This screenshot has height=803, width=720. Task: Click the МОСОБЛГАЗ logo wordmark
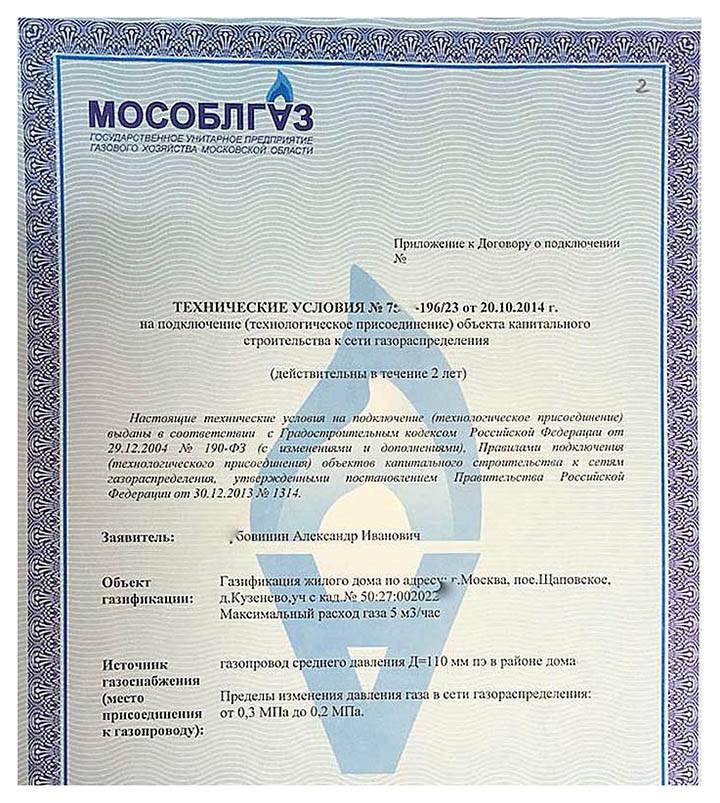coord(200,112)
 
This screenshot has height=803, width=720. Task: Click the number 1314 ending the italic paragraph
coord(303,493)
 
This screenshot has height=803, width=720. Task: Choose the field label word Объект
coord(126,582)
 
